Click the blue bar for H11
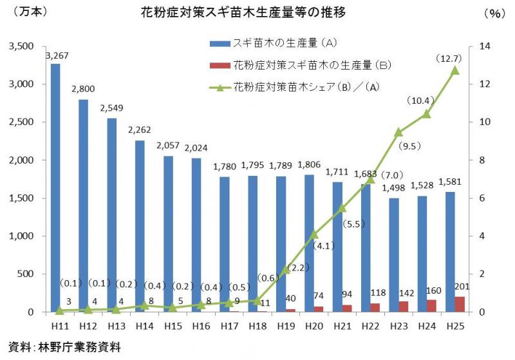coord(55,187)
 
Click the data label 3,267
coord(57,56)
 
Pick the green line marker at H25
coord(454,70)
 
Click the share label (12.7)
coord(450,59)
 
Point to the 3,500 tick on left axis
coord(23,46)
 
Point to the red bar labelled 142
coord(404,307)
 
